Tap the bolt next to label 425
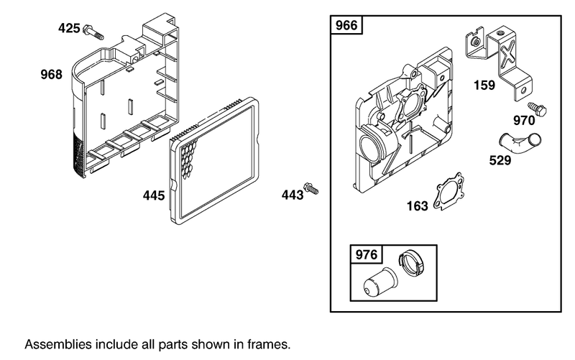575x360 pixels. (94, 32)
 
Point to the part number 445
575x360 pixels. (154, 195)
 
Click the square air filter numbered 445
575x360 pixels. (216, 161)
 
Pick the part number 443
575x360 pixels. (292, 193)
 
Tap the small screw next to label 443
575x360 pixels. (311, 188)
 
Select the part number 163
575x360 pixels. (417, 206)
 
